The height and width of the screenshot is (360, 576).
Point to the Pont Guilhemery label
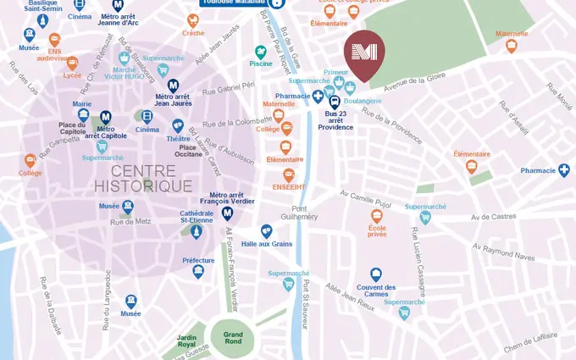coord(303,213)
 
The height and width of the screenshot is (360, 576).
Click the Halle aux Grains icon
coord(266,230)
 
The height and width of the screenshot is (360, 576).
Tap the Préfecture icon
coord(198,272)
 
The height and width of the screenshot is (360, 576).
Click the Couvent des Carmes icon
coord(376,274)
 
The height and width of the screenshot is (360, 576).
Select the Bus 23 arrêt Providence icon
coord(335,101)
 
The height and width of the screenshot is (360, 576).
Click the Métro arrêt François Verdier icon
coord(227,213)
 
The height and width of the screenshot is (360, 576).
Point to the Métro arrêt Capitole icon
coord(106,117)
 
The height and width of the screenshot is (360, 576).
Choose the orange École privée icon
coord(377,216)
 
